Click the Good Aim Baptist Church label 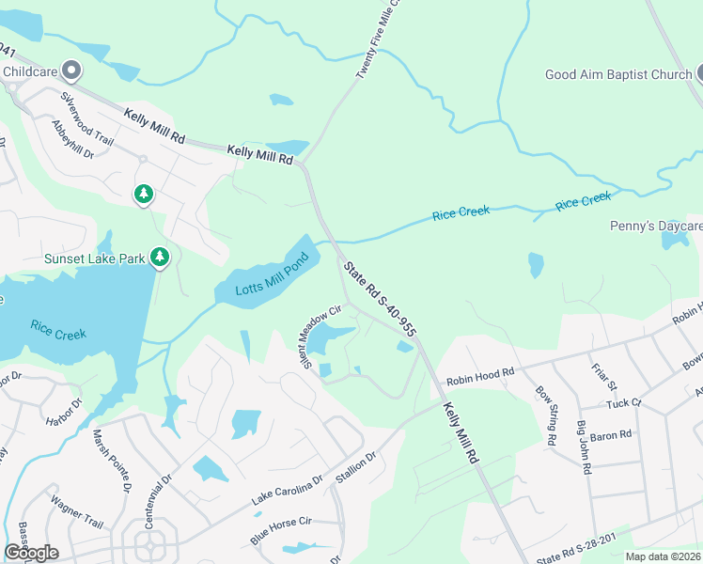click(618, 74)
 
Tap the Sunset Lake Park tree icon click(161, 257)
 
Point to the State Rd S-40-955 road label click(379, 299)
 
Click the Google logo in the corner click(31, 553)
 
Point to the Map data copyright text click(664, 556)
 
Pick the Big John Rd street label click(584, 447)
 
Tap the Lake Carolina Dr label click(287, 491)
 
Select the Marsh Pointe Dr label click(111, 462)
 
